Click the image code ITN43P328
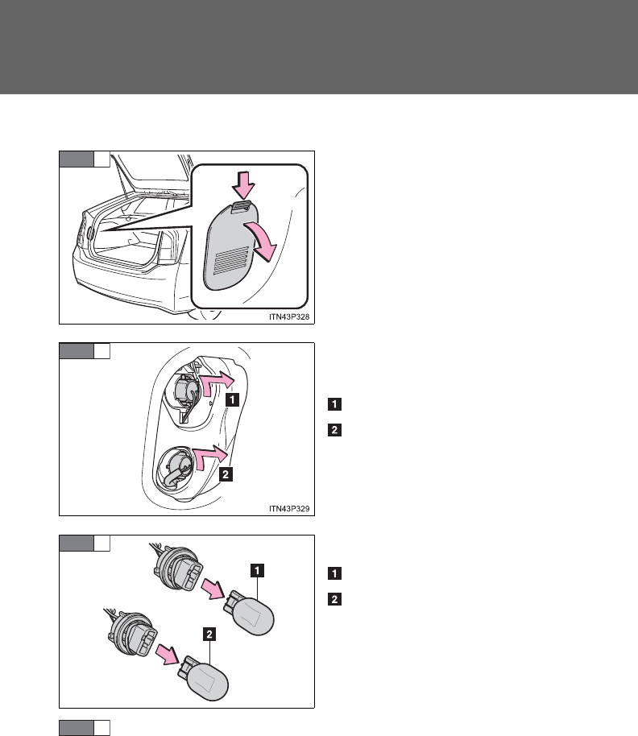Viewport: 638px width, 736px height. (287, 317)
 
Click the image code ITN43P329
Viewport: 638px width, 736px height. (287, 508)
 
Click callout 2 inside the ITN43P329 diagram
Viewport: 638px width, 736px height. (228, 475)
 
